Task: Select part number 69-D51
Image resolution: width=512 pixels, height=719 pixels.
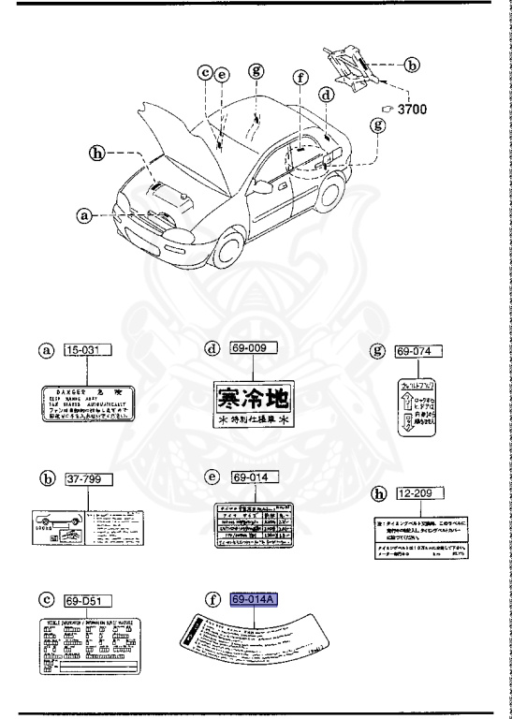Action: (87, 599)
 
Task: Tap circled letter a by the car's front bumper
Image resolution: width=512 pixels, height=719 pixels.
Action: (85, 214)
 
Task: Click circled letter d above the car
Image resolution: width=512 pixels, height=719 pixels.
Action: (327, 95)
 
